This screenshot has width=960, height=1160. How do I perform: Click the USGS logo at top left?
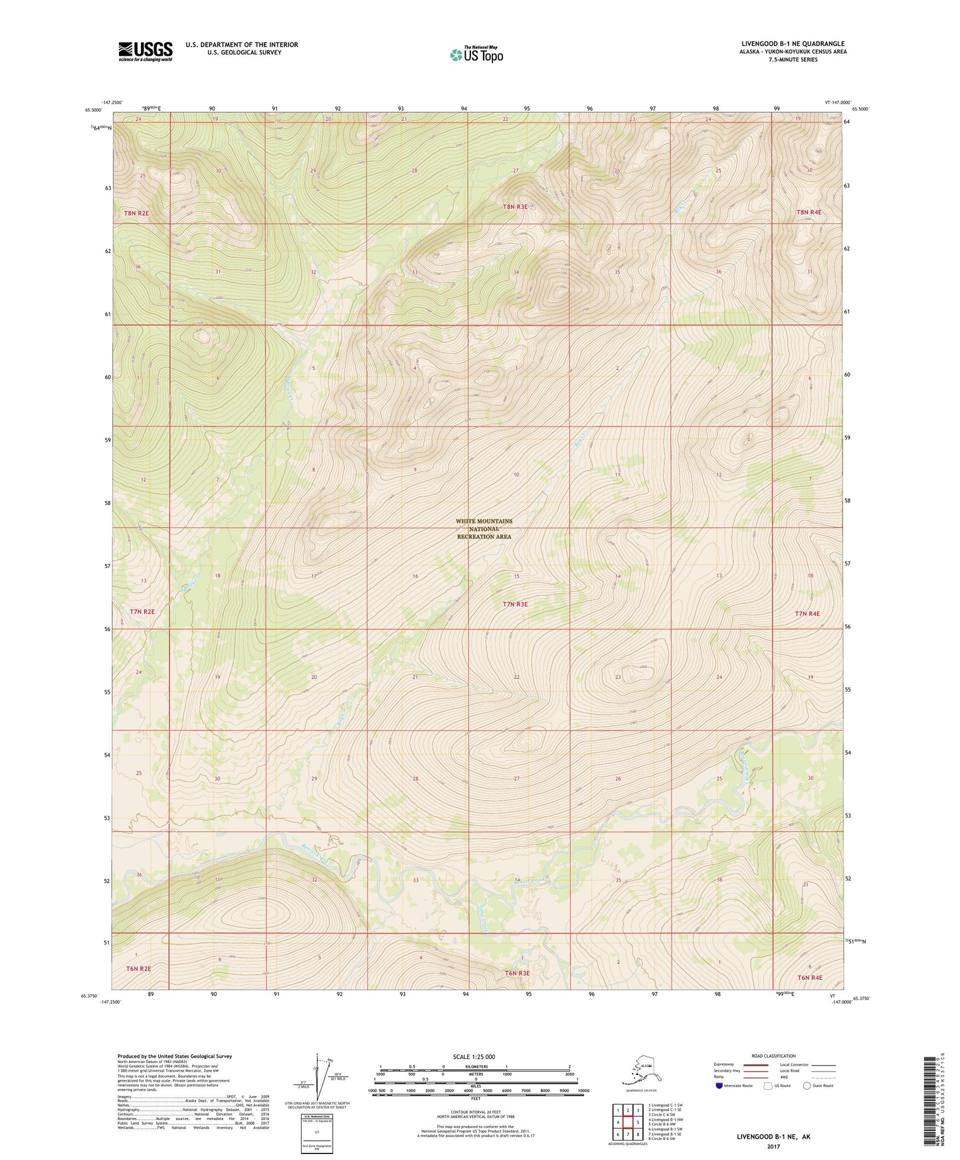(145, 51)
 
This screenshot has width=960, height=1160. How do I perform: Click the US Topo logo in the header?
(476, 54)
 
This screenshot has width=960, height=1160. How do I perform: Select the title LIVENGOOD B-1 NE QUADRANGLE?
(793, 44)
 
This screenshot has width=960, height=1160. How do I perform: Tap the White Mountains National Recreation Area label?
(484, 529)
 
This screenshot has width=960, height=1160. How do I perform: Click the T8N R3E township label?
(515, 207)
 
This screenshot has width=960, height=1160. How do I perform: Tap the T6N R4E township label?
(810, 977)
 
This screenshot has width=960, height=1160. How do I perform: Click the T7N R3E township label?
(515, 605)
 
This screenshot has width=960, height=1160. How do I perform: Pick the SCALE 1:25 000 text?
(474, 1057)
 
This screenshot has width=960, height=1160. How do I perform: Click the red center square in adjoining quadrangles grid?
(628, 1123)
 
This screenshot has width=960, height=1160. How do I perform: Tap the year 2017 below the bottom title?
(773, 1147)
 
